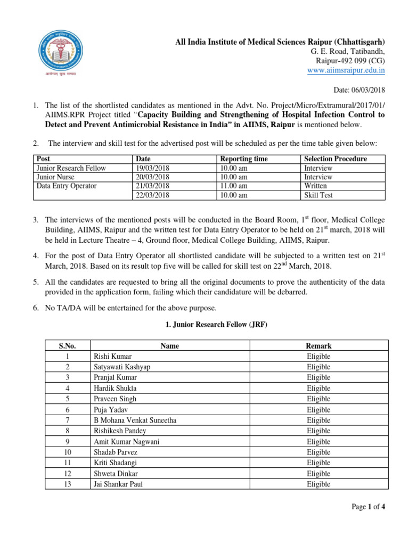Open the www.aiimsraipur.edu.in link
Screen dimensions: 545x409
(x=347, y=70)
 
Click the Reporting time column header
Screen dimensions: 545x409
(x=244, y=159)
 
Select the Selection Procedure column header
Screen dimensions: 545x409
(x=335, y=159)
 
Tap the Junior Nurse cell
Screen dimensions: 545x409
(x=55, y=177)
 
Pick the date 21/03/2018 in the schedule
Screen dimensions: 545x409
(x=153, y=186)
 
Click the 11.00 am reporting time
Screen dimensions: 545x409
(x=234, y=186)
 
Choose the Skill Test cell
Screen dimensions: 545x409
(x=318, y=195)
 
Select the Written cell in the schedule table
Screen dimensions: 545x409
(x=315, y=186)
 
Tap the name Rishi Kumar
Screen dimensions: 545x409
(x=112, y=356)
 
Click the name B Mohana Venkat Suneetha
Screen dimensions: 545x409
(x=135, y=420)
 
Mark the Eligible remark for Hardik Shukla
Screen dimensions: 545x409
(x=318, y=389)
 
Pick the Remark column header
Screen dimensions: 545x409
(x=318, y=346)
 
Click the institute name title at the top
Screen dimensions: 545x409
(x=280, y=42)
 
